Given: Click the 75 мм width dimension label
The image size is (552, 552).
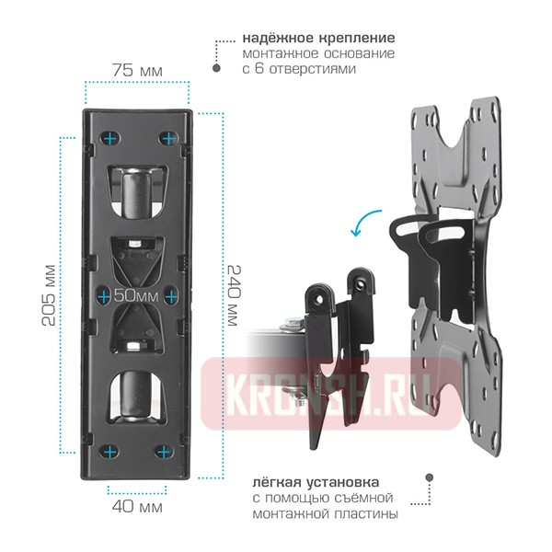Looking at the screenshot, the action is (x=137, y=71).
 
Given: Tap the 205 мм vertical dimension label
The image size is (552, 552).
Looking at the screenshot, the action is (x=49, y=295).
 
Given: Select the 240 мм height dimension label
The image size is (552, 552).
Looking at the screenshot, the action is (x=233, y=295).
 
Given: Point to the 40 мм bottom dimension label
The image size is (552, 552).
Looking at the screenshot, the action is (x=137, y=507).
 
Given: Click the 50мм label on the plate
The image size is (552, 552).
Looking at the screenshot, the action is (x=136, y=295).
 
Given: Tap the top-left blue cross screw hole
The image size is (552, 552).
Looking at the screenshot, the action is (x=110, y=139).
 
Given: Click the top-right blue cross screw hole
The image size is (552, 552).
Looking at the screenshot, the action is (x=169, y=139).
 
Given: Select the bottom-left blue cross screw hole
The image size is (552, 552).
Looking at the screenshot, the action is (x=110, y=452).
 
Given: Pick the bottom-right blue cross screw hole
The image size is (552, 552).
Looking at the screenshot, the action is (x=164, y=452).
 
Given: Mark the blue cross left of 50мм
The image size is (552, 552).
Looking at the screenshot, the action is (x=104, y=297).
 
